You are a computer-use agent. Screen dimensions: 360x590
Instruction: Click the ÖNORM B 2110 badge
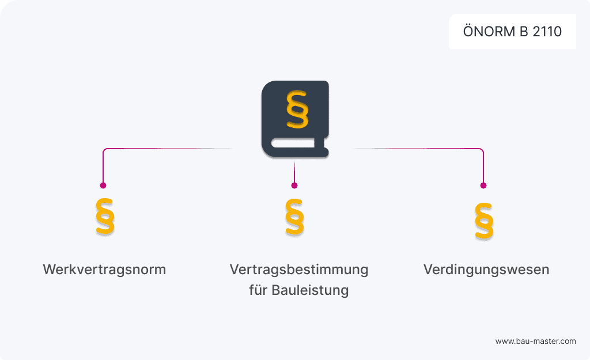pyautogui.click(x=512, y=32)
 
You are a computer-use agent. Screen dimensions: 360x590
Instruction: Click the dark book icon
pyautogui.click(x=295, y=118)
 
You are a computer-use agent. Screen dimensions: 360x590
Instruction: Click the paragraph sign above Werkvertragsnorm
pyautogui.click(x=104, y=217)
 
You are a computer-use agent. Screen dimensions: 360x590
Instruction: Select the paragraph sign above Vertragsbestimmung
pyautogui.click(x=294, y=217)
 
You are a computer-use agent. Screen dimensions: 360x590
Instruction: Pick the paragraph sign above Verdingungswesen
pyautogui.click(x=484, y=220)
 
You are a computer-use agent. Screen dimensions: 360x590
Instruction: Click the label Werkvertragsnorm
pyautogui.click(x=104, y=270)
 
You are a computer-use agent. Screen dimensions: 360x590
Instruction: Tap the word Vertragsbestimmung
pyautogui.click(x=298, y=270)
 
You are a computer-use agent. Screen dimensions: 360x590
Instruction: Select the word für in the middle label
pyautogui.click(x=256, y=290)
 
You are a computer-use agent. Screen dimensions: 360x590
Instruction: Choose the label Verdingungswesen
pyautogui.click(x=486, y=270)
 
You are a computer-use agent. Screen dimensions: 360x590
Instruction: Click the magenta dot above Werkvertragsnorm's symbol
pyautogui.click(x=103, y=185)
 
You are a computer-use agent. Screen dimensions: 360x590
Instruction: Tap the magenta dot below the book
pyautogui.click(x=294, y=185)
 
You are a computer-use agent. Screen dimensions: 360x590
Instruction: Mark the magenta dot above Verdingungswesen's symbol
pyautogui.click(x=483, y=185)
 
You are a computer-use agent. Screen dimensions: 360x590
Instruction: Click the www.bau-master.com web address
pyautogui.click(x=535, y=341)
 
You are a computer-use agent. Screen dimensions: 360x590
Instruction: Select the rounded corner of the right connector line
pyautogui.click(x=482, y=150)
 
